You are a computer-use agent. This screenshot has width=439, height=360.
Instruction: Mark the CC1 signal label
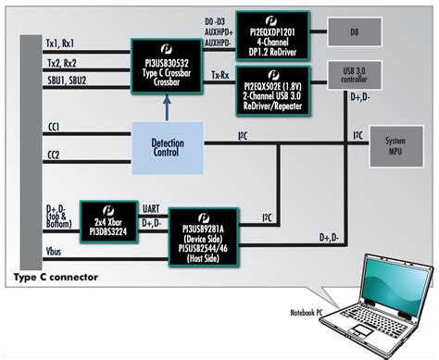click(x=54, y=127)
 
